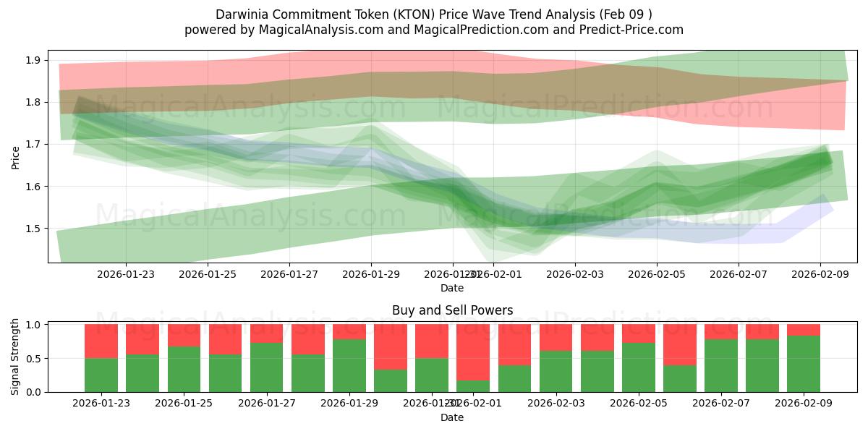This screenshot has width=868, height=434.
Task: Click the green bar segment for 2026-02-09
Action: [x=803, y=364]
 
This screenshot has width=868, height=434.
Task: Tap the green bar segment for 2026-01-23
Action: [x=101, y=375]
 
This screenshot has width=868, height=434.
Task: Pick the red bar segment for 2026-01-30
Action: [x=391, y=347]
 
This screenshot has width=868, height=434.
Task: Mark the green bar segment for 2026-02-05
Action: [x=638, y=367]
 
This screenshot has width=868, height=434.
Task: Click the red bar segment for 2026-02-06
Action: [x=679, y=344]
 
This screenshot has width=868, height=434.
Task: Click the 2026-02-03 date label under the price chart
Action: [x=575, y=274]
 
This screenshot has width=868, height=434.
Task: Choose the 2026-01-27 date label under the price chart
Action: [x=289, y=274]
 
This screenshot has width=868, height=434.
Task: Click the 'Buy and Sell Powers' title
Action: [x=452, y=310]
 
